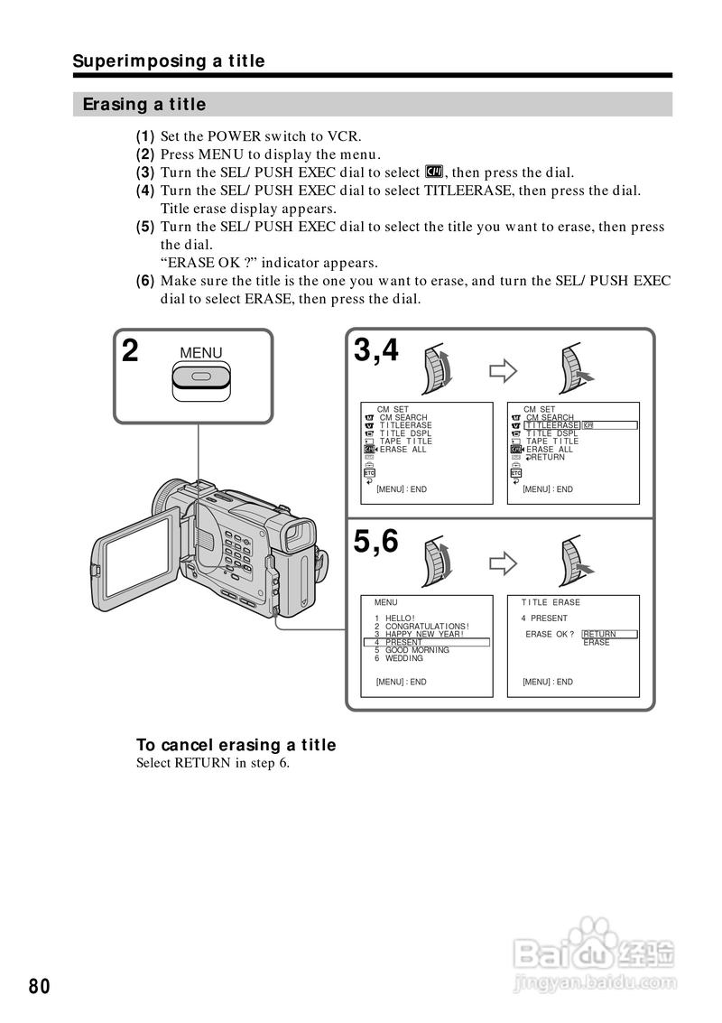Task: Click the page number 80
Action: [x=39, y=985]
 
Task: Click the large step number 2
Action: [x=131, y=351]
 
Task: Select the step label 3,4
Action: [x=375, y=349]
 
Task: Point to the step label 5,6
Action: [x=375, y=541]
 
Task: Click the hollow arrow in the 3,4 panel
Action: [x=502, y=370]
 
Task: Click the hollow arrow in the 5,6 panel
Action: [x=502, y=563]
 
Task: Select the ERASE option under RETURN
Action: [x=597, y=643]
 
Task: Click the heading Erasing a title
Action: [x=144, y=104]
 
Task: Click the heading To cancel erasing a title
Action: [x=236, y=745]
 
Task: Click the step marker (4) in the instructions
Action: [x=145, y=191]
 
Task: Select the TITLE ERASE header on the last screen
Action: [x=551, y=602]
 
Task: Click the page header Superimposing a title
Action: [x=169, y=60]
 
